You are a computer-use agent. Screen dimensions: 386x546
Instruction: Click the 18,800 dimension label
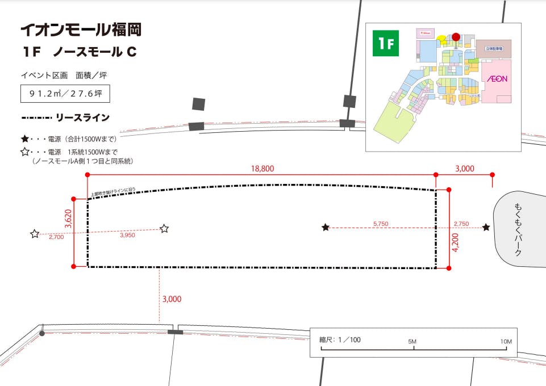click(x=261, y=169)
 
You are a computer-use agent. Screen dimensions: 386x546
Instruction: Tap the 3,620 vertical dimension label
click(x=68, y=219)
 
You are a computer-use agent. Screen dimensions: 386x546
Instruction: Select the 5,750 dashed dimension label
click(x=381, y=224)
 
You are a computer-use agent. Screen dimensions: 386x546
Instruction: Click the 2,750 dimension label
click(x=461, y=224)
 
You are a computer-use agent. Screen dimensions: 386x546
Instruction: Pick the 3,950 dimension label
click(x=128, y=235)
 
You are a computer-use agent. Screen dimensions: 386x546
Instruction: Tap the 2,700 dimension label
click(x=56, y=237)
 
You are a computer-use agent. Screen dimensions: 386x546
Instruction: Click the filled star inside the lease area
click(x=326, y=228)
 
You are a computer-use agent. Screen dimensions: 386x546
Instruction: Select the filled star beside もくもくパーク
click(x=486, y=228)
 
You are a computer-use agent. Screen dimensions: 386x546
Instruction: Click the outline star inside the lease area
click(x=164, y=228)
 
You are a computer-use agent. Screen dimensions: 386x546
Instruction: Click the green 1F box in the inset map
click(x=386, y=44)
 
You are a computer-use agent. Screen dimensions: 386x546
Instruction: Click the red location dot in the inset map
click(x=456, y=37)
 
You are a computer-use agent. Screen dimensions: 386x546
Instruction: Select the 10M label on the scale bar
click(x=506, y=341)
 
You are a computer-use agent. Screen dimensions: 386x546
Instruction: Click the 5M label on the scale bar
click(x=413, y=341)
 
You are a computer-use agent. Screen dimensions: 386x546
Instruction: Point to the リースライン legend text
click(x=82, y=118)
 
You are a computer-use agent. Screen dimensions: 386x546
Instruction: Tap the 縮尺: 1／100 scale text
click(x=340, y=340)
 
